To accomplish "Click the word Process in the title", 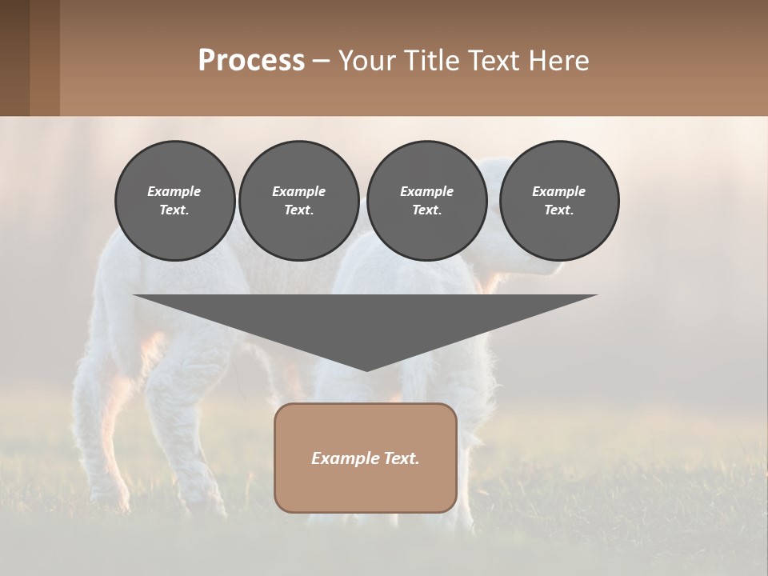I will [x=251, y=61].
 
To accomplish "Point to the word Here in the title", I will [x=560, y=61].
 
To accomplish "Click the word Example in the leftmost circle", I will [x=174, y=191].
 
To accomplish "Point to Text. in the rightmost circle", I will [x=559, y=210].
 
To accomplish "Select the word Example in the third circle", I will [x=426, y=191].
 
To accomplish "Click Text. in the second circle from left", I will [x=299, y=210].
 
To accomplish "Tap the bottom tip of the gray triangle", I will [x=366, y=369].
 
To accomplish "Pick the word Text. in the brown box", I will [x=402, y=458].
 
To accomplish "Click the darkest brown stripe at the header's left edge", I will [x=14, y=58].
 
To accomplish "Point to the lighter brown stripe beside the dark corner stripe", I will [x=45, y=58].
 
